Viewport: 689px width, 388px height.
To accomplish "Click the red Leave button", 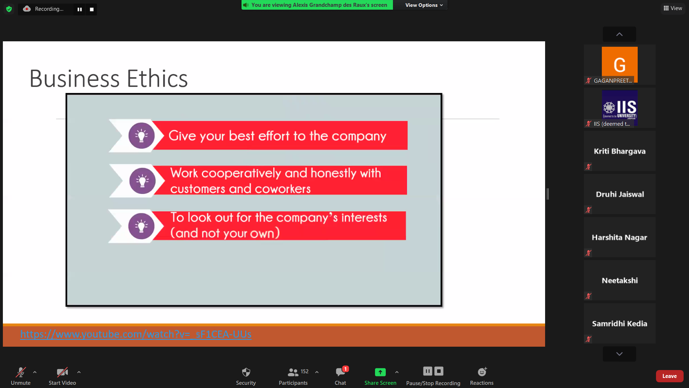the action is (669, 376).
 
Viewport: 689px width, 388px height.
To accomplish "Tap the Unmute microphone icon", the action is (21, 372).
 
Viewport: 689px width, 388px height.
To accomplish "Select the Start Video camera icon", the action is (62, 372).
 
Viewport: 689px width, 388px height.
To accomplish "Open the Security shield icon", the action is (246, 372).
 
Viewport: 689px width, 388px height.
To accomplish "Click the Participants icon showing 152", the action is (293, 372).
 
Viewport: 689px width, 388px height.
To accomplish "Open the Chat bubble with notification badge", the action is (341, 371).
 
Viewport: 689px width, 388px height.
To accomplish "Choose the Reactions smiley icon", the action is (482, 372).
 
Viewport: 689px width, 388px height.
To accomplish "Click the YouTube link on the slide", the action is (136, 334).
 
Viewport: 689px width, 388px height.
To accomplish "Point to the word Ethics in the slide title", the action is (157, 78).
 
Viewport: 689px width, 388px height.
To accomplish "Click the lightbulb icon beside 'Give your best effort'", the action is (141, 136).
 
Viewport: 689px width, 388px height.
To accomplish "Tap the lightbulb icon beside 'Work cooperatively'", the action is (142, 181).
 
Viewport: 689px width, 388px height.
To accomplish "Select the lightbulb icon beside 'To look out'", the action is (141, 226).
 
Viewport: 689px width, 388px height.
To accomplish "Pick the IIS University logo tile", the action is (619, 107).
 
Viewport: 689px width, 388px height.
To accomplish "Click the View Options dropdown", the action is (424, 5).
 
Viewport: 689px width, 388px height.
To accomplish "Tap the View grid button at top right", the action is (673, 8).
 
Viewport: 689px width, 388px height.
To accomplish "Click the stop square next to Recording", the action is (92, 9).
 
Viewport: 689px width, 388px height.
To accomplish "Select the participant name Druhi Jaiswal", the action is (620, 194).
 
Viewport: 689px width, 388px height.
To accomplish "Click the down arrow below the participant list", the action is (619, 354).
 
